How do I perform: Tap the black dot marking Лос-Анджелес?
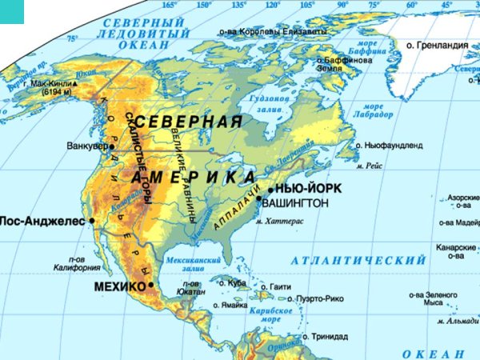click(x=92, y=220)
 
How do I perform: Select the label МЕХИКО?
click(x=121, y=286)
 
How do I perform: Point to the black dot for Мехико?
click(x=150, y=285)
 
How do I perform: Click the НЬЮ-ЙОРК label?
click(x=308, y=188)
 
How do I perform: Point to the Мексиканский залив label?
click(x=193, y=263)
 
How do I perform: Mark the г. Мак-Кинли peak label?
click(x=48, y=83)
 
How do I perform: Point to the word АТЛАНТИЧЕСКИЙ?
click(x=358, y=261)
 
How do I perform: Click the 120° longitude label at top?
click(x=273, y=5)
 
